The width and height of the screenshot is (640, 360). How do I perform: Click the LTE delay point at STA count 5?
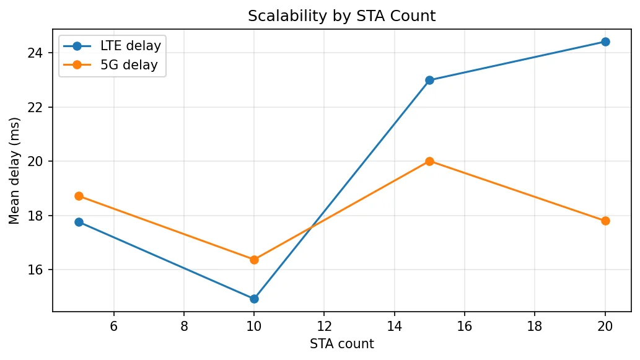[x=79, y=222]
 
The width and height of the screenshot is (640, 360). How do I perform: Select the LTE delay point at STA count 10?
[x=254, y=299]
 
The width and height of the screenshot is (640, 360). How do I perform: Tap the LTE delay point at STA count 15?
[x=429, y=80]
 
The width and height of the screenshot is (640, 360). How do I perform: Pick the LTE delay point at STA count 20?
[x=605, y=42]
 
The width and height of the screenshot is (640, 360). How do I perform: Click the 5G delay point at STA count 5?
[x=79, y=196]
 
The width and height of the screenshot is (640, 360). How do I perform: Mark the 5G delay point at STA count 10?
[x=254, y=260]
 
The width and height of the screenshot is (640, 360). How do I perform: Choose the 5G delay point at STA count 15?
[x=429, y=161]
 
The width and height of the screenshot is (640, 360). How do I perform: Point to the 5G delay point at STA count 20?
[x=605, y=221]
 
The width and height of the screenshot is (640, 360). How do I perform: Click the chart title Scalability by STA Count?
[x=341, y=16]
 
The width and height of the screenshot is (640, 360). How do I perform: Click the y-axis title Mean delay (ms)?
[x=14, y=170]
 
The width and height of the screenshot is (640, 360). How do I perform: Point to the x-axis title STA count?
[x=341, y=344]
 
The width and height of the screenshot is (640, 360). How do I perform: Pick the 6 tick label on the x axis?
[x=113, y=326]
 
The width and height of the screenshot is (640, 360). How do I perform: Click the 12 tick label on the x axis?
[x=324, y=326]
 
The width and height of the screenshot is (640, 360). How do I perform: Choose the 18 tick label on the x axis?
[x=535, y=326]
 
